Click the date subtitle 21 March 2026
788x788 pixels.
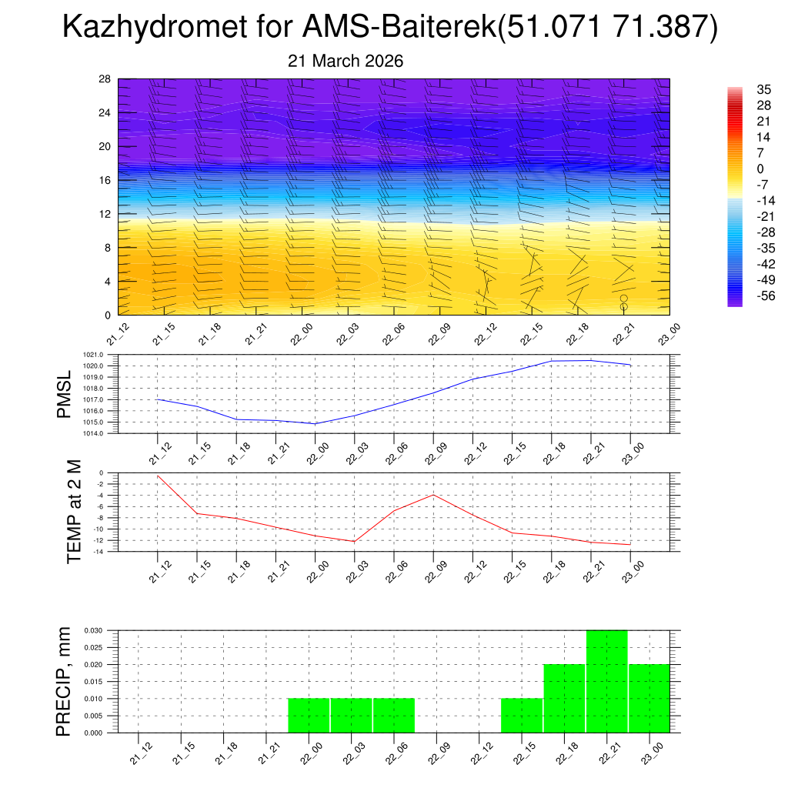(x=346, y=61)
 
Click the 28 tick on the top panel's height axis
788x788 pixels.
(x=105, y=79)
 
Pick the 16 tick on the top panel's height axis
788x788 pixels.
(x=105, y=180)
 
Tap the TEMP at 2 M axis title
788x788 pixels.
(x=74, y=512)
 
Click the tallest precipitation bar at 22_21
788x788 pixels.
(x=606, y=681)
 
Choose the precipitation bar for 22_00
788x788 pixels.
(x=309, y=716)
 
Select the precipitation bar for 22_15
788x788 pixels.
(x=522, y=716)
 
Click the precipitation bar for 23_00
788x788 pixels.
(x=649, y=699)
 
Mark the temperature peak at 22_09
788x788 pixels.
(x=433, y=495)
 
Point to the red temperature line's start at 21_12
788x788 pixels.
(x=158, y=476)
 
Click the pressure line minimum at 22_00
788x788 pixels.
(x=316, y=424)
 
